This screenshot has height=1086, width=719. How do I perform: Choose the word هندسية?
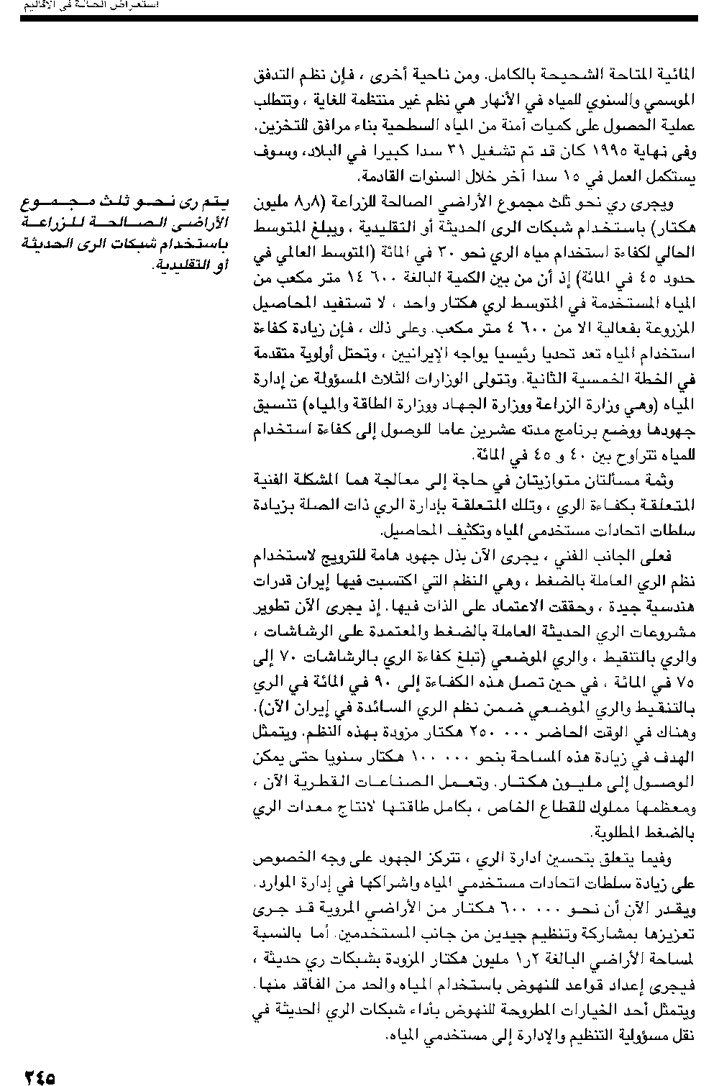click(x=672, y=611)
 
